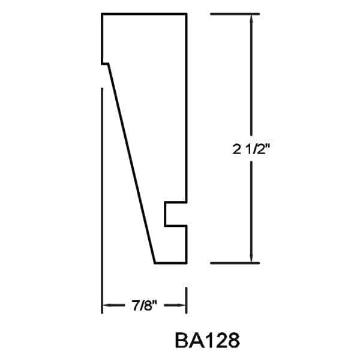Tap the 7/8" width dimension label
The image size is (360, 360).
click(144, 306)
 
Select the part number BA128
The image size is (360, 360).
click(208, 340)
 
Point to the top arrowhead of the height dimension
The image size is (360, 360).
click(251, 18)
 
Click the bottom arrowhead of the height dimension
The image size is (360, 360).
click(251, 258)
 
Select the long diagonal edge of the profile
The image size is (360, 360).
click(131, 162)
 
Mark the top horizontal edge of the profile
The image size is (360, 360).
click(144, 14)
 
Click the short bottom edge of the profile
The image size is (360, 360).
click(170, 263)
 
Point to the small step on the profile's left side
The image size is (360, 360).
click(105, 63)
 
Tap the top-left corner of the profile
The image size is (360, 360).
click(102, 14)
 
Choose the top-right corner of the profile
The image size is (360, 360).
click(186, 14)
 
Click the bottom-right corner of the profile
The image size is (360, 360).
click(186, 263)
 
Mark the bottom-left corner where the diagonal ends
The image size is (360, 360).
click(155, 263)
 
